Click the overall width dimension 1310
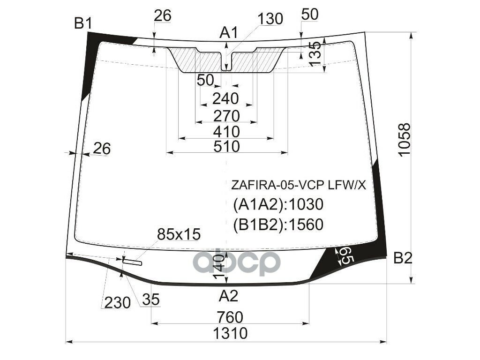click(x=230, y=333)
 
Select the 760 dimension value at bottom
click(x=230, y=317)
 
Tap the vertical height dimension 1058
click(x=404, y=140)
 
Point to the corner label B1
click(x=83, y=23)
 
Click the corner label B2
click(x=403, y=258)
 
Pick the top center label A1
click(x=229, y=32)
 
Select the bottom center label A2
click(x=229, y=296)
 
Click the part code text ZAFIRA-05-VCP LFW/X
click(x=298, y=185)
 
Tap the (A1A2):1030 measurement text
click(x=278, y=205)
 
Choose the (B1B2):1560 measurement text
click(x=278, y=225)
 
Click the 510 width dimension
click(x=227, y=146)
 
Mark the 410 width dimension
click(x=227, y=131)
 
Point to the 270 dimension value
click(x=227, y=115)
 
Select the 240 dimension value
click(x=226, y=99)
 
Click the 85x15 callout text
click(x=179, y=233)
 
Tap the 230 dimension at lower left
click(x=117, y=303)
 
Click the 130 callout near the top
click(x=270, y=19)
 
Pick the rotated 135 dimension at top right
click(x=315, y=52)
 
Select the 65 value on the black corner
click(x=345, y=257)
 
